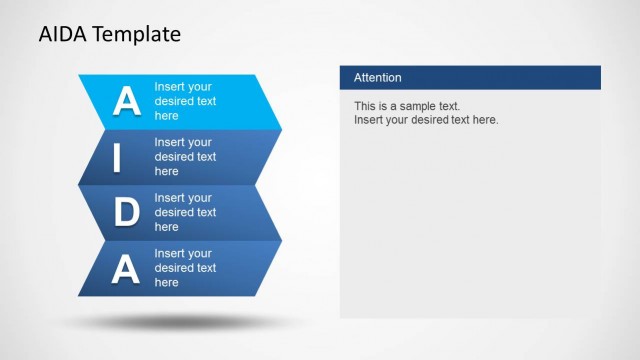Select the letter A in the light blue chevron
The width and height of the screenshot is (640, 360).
tap(126, 101)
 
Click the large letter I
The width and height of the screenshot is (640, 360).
tap(117, 157)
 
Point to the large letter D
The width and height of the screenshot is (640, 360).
tap(126, 212)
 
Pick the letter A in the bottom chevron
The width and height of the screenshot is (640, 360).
tap(125, 268)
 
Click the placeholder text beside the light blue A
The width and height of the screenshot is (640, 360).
tap(185, 101)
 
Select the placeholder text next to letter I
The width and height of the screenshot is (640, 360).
tap(185, 157)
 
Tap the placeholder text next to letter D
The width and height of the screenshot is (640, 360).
tap(185, 212)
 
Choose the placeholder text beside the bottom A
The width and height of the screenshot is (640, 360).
tap(185, 268)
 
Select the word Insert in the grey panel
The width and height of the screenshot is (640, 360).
tap(370, 120)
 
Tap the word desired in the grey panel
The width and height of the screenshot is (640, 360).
tap(437, 120)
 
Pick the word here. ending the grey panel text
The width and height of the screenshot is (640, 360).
tap(484, 120)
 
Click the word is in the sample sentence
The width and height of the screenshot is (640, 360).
tap(386, 106)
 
